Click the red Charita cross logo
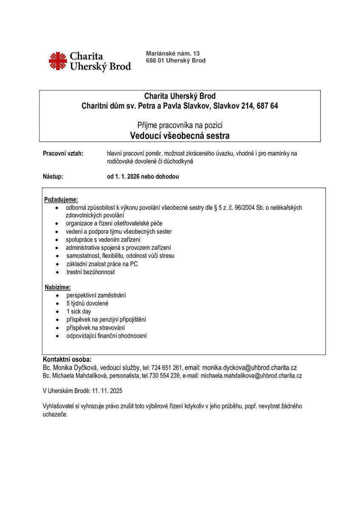pyautogui.click(x=58, y=61)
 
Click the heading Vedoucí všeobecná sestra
pyautogui.click(x=180, y=136)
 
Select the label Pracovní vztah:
pyautogui.click(x=63, y=154)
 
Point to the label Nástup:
pyautogui.click(x=53, y=176)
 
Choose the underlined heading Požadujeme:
pyautogui.click(x=61, y=199)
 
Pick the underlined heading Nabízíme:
pyautogui.click(x=58, y=288)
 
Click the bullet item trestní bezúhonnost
pyautogui.click(x=90, y=272)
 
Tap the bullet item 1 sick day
pyautogui.click(x=79, y=311)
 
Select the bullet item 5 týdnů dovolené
pyautogui.click(x=87, y=303)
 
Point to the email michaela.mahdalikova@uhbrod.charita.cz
pyautogui.click(x=251, y=376)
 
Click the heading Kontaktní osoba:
pyautogui.click(x=67, y=360)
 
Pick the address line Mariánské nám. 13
pyautogui.click(x=172, y=53)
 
